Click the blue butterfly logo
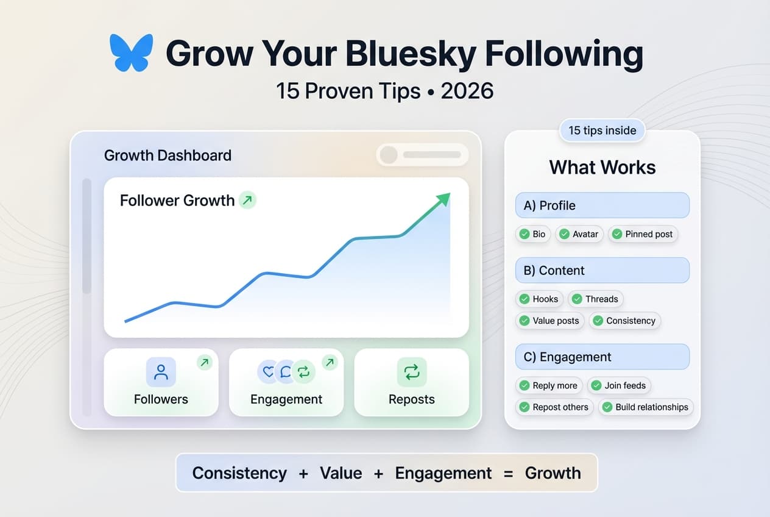click(131, 53)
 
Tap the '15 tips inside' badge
click(602, 130)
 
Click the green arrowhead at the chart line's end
click(444, 199)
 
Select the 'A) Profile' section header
click(602, 205)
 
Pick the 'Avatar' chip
click(579, 234)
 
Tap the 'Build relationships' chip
click(645, 407)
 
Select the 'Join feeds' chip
click(619, 385)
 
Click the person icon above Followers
click(161, 372)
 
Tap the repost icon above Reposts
click(412, 372)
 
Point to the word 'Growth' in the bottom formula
click(553, 473)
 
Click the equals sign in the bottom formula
click(508, 473)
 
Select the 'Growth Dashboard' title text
click(168, 155)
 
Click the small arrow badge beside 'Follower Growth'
click(247, 199)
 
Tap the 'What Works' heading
click(602, 167)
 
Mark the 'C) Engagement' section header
click(602, 357)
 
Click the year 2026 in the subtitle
click(467, 91)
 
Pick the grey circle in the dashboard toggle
click(389, 155)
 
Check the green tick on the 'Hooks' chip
click(524, 299)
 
